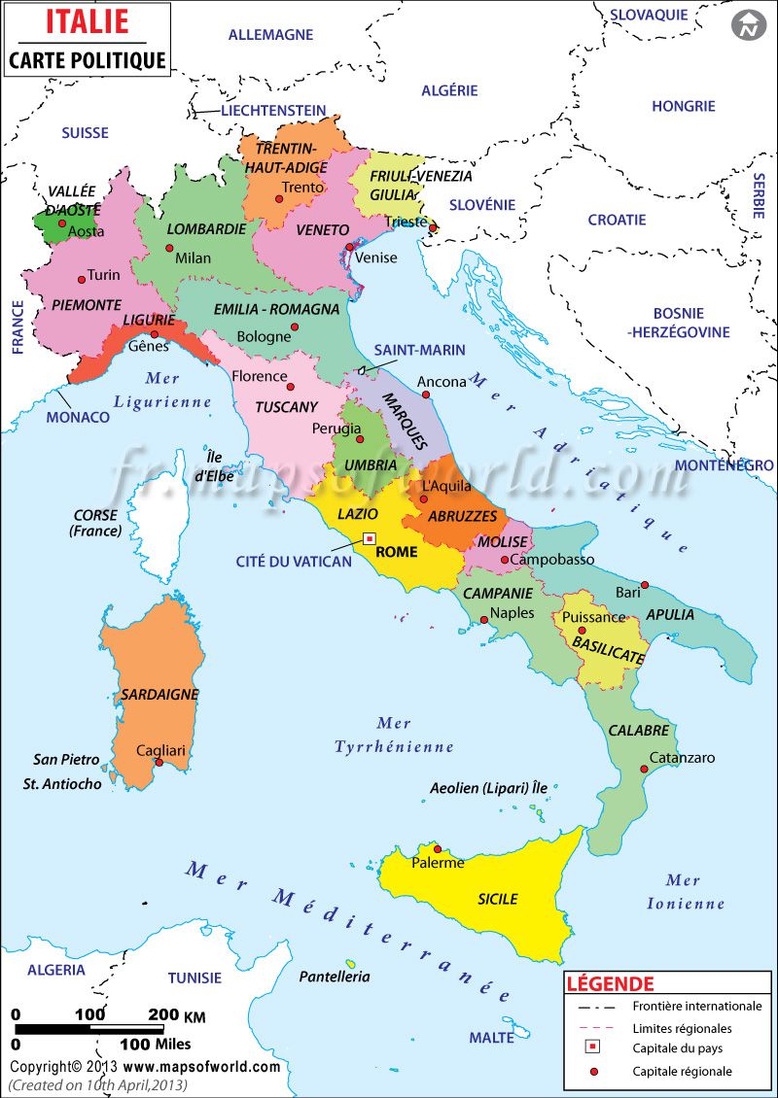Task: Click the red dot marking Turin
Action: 80,275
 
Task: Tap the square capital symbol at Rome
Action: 370,538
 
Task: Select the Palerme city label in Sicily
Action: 439,862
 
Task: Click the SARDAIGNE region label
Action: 159,695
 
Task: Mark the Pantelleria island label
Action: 335,977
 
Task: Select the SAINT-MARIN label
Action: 419,350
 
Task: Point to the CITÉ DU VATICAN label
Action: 294,562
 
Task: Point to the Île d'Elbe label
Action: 212,467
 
